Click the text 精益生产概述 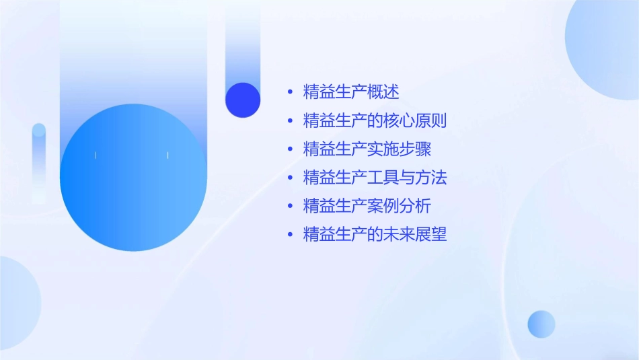[351, 93]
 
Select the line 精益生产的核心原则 [375, 121]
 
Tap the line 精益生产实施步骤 [367, 149]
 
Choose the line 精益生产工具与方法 [375, 178]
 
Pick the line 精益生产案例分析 [367, 206]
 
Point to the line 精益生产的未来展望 [375, 234]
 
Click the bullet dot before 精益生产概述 [290, 93]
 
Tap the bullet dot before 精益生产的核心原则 [290, 121]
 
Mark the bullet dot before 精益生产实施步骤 [290, 149]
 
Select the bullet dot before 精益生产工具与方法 [290, 178]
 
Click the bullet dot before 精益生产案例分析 [290, 206]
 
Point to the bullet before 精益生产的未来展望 [290, 234]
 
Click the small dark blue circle [243, 100]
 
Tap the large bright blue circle [133, 178]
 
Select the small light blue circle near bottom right [541, 324]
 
